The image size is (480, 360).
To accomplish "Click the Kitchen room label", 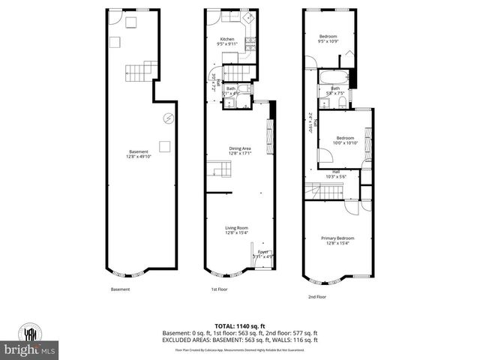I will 227,42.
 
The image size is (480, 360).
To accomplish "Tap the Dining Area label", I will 239,151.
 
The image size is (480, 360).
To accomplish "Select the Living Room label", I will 236,230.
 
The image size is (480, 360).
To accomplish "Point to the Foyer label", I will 262,254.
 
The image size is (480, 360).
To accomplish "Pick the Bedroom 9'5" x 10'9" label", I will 328,39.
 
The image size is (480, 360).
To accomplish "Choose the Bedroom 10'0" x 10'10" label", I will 345,140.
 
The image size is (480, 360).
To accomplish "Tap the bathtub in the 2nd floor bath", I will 331,78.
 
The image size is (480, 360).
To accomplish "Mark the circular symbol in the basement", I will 168,117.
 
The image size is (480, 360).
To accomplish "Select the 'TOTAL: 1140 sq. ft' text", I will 239,325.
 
